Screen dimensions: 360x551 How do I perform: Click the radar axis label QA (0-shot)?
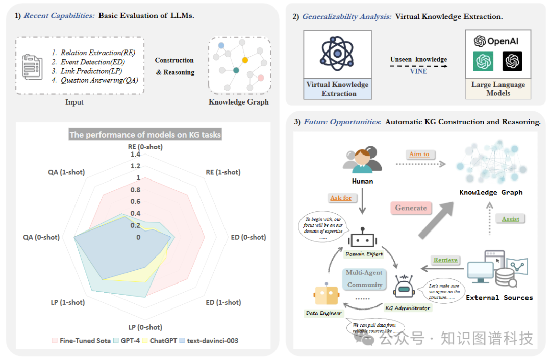41,237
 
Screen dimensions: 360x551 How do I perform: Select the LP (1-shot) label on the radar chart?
67,302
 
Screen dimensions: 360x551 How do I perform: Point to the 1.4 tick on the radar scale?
135,155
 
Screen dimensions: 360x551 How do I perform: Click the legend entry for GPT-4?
130,340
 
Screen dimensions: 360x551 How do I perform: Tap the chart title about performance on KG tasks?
145,135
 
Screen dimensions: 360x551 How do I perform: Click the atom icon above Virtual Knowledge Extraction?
337,53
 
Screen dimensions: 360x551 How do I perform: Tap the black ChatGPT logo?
512,61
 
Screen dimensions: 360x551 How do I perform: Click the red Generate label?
411,208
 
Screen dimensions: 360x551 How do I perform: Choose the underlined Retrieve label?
445,260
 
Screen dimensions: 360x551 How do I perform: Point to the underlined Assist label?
510,219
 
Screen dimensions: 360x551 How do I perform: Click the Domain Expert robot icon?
364,238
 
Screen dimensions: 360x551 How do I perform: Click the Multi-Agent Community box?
364,279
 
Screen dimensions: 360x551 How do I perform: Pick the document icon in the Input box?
32,65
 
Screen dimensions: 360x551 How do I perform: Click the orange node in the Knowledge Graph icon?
245,60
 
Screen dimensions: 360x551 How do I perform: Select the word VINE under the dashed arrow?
418,71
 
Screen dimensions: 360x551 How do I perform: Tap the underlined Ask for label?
340,198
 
